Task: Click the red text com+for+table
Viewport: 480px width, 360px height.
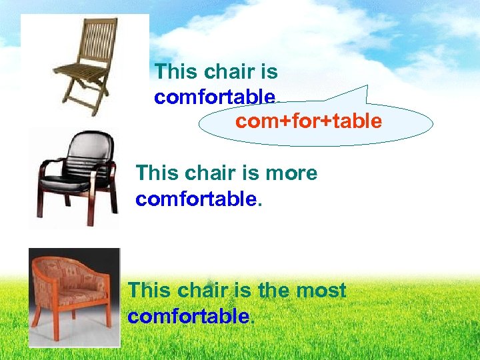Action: coord(309,121)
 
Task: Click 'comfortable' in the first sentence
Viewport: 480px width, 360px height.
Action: coord(214,97)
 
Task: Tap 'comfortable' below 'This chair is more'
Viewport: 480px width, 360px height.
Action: coord(195,199)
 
